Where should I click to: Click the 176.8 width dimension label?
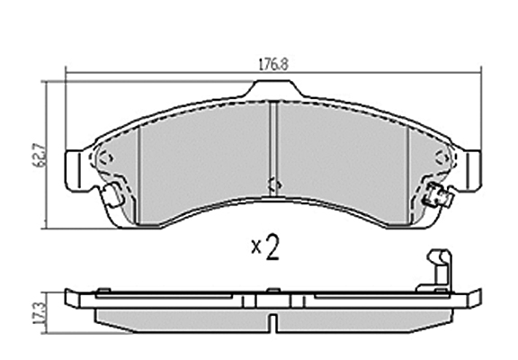272,64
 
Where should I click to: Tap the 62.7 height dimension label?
41,155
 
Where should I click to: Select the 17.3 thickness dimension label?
40,313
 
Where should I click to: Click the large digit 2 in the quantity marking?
272,247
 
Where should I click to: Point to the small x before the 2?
256,247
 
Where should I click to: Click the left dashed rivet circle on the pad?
106,157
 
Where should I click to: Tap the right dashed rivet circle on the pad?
442,157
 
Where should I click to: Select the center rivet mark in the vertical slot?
274,185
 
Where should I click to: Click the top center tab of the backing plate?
272,88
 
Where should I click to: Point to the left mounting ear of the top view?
78,171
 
